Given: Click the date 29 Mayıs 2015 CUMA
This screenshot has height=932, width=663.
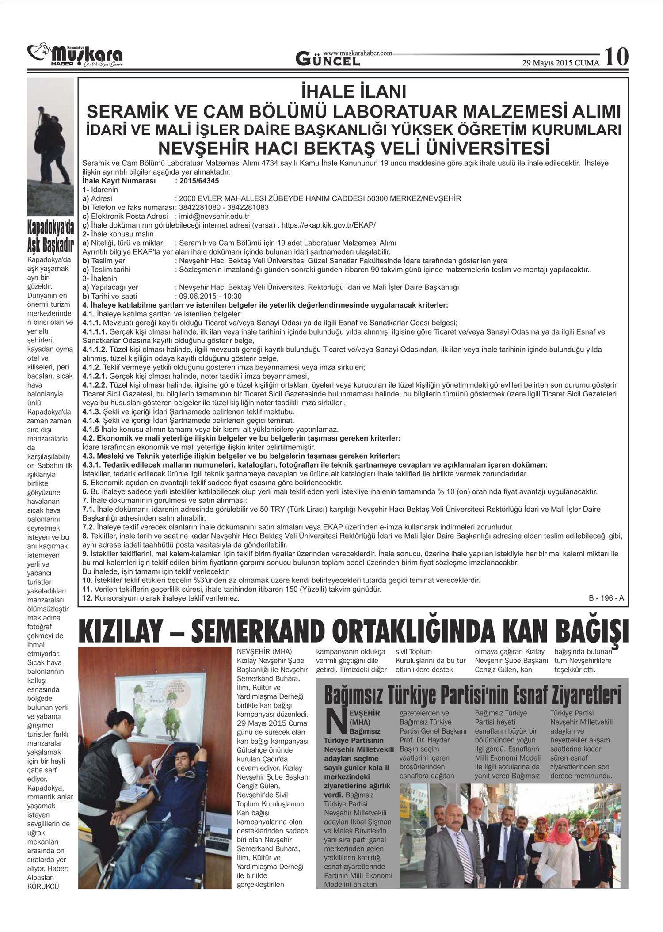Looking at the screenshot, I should click(x=560, y=63).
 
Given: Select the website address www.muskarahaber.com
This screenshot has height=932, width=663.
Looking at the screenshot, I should click(x=358, y=53).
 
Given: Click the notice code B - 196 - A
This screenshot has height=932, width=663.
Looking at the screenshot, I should click(x=606, y=598).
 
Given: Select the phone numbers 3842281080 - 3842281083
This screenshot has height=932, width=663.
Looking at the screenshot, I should click(x=224, y=208).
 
